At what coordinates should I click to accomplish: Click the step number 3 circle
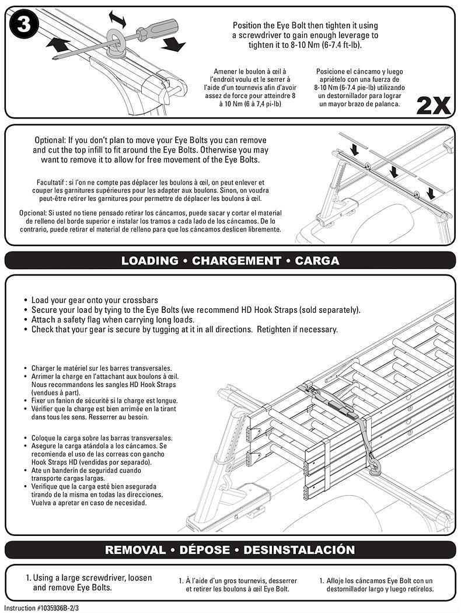click(23, 25)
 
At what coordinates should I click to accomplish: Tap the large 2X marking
click(433, 106)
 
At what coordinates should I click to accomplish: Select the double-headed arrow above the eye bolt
click(117, 19)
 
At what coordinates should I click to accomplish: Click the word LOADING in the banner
click(149, 261)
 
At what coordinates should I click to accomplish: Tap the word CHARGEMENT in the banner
click(236, 261)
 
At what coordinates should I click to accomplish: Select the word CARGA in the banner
click(317, 261)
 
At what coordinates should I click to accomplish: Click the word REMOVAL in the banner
click(135, 550)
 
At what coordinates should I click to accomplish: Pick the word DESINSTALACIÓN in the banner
click(299, 550)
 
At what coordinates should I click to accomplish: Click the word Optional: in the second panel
click(50, 140)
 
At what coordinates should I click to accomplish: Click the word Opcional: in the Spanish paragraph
click(33, 213)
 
